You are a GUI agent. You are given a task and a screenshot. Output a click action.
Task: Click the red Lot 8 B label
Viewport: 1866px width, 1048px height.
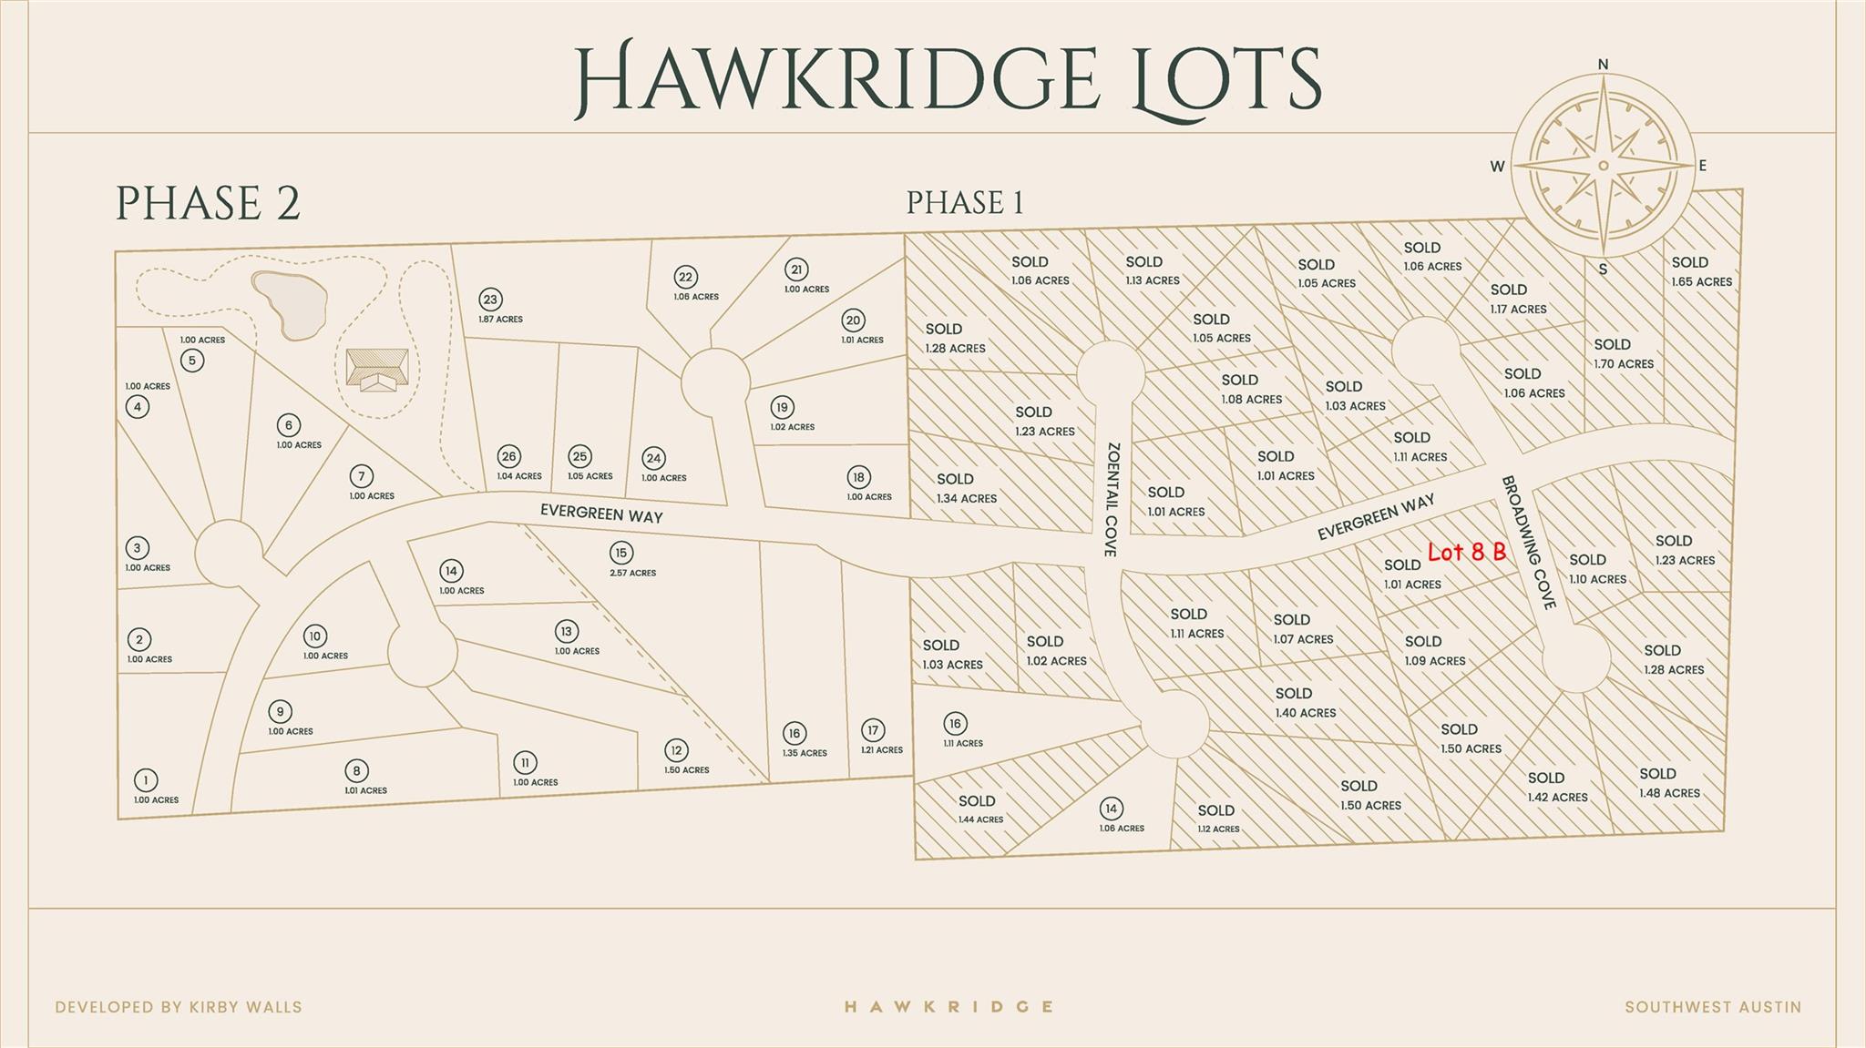[1466, 552]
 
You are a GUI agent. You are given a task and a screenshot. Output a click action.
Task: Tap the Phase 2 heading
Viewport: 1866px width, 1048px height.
[208, 203]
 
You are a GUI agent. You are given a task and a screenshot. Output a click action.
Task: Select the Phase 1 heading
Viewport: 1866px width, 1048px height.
[965, 202]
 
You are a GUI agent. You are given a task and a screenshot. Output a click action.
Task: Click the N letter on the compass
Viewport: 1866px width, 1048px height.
[1603, 64]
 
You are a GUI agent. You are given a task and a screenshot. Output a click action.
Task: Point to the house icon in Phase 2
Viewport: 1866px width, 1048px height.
[376, 370]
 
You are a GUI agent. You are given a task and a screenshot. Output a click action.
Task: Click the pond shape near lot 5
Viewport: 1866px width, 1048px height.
[290, 303]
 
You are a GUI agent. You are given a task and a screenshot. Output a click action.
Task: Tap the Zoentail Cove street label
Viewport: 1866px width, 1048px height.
[1111, 499]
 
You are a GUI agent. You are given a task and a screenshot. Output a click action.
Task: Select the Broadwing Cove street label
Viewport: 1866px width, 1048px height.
[1528, 543]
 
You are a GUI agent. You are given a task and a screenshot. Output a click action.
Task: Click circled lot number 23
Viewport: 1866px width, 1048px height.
[490, 300]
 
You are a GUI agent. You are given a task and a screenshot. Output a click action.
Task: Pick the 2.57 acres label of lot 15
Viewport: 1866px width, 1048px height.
[632, 573]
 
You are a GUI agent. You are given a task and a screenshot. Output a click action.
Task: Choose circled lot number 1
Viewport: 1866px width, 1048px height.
[146, 780]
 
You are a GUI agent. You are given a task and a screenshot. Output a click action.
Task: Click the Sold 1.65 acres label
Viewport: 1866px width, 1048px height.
[1700, 271]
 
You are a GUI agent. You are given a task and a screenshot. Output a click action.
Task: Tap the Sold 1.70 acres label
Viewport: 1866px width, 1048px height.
[1623, 353]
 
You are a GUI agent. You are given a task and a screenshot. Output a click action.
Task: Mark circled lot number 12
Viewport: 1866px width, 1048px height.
[675, 750]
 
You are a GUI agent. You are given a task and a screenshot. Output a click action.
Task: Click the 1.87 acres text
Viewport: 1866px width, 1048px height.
[500, 320]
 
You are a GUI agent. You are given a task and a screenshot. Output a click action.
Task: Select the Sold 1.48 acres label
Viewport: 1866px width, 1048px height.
[1668, 783]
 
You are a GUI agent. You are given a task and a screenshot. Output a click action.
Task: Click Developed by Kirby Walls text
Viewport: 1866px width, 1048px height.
[179, 1007]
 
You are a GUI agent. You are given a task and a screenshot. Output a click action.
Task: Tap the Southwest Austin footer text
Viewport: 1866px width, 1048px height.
[1713, 1007]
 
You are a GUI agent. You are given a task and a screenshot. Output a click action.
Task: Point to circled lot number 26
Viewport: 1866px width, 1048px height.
[508, 456]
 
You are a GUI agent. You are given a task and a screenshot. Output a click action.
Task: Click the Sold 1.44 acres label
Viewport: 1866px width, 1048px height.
[979, 809]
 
